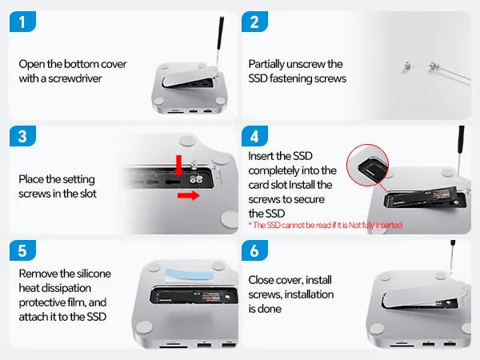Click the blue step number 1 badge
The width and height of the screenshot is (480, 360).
[x=22, y=22]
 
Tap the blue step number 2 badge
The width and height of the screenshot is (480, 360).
[x=254, y=22]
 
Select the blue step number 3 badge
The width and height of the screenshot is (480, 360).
[x=22, y=136]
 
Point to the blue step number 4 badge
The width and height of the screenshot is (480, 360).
[x=254, y=136]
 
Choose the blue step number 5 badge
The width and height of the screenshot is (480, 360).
[x=22, y=250]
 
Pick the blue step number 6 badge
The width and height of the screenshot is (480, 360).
[x=254, y=250]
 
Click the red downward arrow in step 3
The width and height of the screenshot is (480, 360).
[x=178, y=166]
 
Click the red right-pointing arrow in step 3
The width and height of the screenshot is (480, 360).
[x=189, y=195]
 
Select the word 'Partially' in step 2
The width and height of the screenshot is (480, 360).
[x=266, y=65]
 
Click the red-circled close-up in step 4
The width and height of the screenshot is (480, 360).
[x=367, y=165]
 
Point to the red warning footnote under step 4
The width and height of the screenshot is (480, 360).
[x=325, y=226]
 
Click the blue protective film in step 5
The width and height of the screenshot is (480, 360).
[x=189, y=274]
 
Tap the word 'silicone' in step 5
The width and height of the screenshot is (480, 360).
[x=94, y=274]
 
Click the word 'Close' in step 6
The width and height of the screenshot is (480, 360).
[x=260, y=280]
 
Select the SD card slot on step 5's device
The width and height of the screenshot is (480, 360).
[x=174, y=347]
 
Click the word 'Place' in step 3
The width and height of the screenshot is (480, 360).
[x=31, y=179]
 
